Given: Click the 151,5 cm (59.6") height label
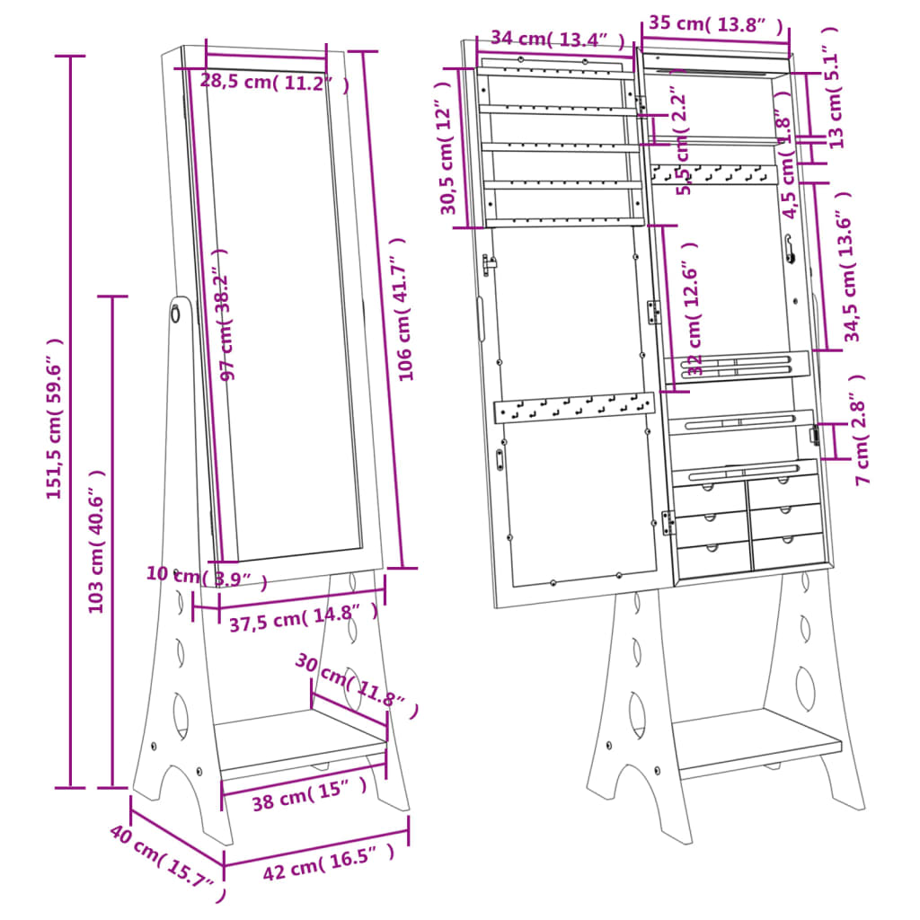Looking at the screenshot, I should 55,419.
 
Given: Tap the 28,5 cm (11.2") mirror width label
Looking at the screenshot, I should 273,82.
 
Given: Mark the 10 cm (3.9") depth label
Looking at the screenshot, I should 207,578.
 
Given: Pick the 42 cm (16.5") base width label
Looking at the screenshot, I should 328,864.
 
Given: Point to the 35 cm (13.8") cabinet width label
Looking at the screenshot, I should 715,24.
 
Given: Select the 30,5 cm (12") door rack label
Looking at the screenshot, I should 448,149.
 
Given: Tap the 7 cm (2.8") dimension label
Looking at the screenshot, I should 861,429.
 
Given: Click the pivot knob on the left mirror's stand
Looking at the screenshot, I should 175,314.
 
